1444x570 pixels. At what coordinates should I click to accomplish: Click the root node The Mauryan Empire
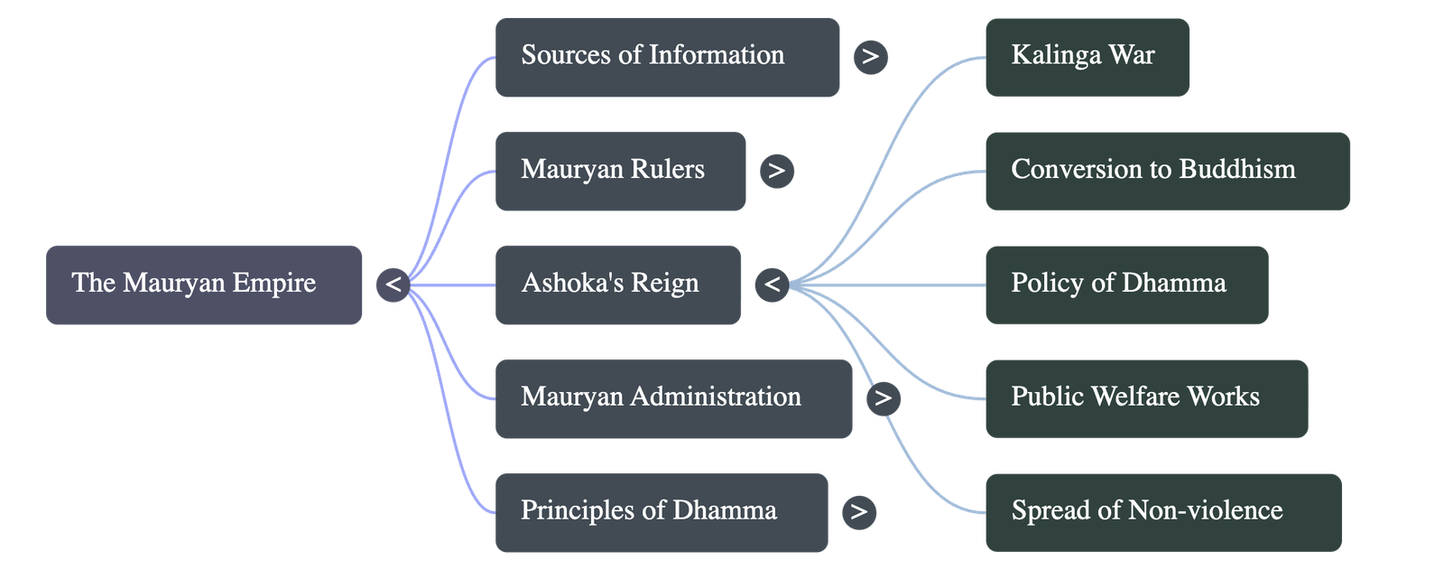(204, 284)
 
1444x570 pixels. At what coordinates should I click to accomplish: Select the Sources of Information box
(667, 56)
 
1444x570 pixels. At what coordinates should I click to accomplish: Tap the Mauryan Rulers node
(620, 171)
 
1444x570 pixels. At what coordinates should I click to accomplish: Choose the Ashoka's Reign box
(617, 285)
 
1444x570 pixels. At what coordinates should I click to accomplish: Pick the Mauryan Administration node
(673, 398)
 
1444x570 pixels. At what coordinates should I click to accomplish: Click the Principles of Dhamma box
(661, 512)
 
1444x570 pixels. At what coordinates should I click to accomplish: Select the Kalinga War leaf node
(1086, 56)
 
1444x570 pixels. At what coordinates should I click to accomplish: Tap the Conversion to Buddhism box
(1167, 171)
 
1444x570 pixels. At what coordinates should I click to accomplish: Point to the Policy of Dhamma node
(1125, 285)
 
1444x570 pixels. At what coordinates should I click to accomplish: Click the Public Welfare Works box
(1145, 398)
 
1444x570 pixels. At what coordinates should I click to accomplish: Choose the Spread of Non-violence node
(1162, 512)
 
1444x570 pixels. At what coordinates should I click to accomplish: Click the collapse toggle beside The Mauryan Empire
(393, 285)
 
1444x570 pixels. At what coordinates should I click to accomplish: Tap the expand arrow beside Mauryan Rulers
(777, 171)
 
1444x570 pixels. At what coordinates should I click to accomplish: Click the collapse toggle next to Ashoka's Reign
(773, 285)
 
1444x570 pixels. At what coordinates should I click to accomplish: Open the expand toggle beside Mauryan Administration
(883, 398)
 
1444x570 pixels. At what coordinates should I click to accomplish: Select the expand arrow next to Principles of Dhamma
(858, 512)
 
